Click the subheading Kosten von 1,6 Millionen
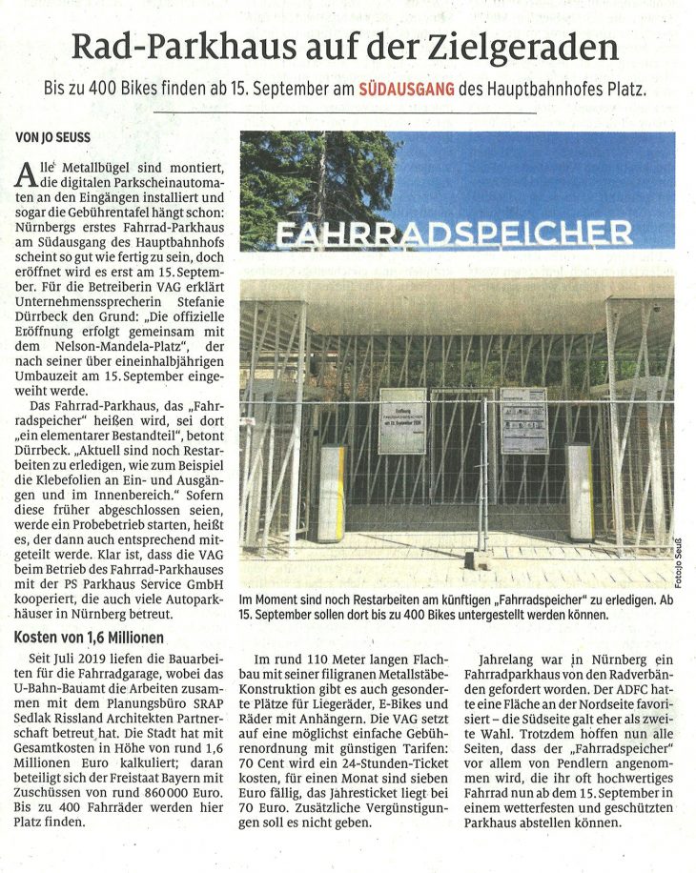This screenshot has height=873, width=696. point(89,637)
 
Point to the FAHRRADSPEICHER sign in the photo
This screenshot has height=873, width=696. point(453,233)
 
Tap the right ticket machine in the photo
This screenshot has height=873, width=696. point(579,491)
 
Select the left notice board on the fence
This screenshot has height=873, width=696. point(401,420)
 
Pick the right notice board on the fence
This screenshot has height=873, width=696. point(523,420)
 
